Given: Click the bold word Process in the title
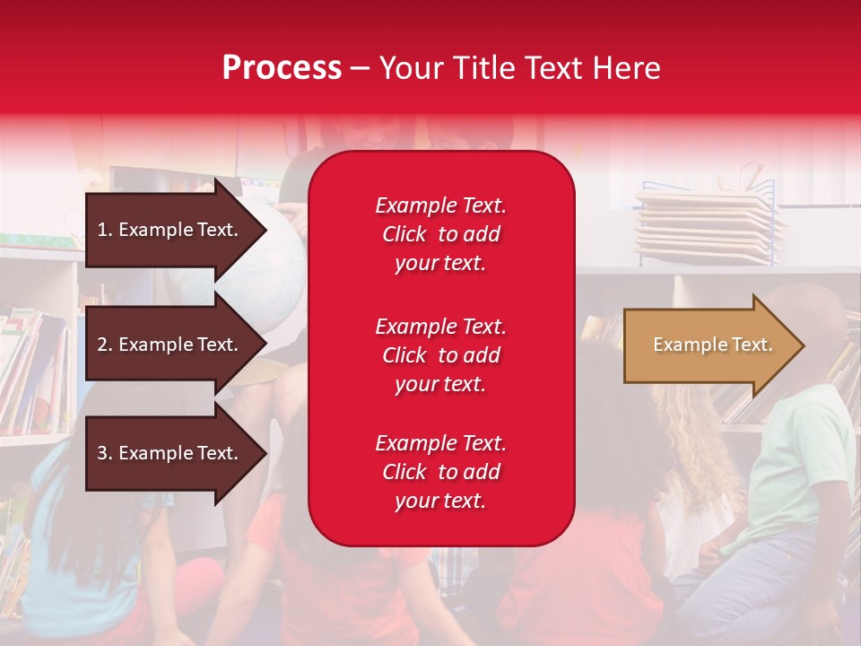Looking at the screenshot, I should click(282, 68).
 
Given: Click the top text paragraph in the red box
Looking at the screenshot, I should click(440, 234).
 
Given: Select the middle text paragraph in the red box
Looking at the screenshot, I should click(440, 355).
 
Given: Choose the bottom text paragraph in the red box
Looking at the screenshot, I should click(440, 472).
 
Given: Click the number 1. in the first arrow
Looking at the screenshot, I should click(105, 230).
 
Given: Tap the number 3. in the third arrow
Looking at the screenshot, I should click(105, 453).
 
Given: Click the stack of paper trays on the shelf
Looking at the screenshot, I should click(709, 224).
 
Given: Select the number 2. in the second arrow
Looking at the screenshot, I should click(105, 345).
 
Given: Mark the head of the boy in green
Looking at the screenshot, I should click(812, 323).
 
